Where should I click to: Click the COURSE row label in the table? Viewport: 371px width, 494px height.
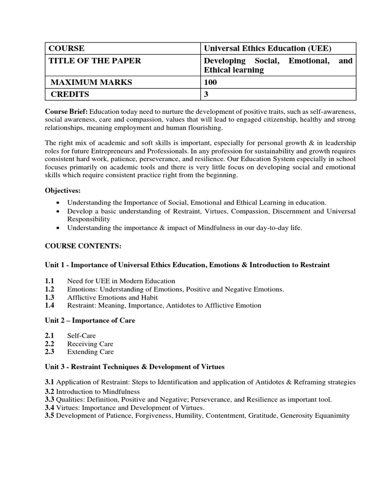click(x=66, y=48)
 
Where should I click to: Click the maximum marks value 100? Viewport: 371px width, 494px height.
click(x=211, y=82)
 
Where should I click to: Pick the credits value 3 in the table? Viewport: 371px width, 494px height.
click(x=206, y=95)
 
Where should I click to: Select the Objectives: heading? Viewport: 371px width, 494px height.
click(x=63, y=190)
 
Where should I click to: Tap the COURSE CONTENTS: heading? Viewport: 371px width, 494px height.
click(x=83, y=246)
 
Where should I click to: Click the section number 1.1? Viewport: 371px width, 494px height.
click(x=50, y=281)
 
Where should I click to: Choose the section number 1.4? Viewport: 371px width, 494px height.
click(x=50, y=305)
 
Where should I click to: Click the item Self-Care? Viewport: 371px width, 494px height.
click(x=82, y=335)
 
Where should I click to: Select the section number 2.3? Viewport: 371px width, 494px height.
click(x=50, y=352)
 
